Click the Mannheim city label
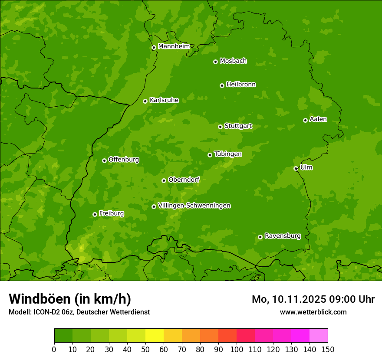coord(174,46)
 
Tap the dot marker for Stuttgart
coord(220,127)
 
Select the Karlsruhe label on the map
coord(164,100)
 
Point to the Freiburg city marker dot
coord(95,214)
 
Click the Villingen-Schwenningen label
coord(194,206)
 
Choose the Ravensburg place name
coord(283,236)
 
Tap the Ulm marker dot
coord(296,168)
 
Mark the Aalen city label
coord(318,119)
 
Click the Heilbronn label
coord(241,85)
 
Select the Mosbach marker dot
coord(215,62)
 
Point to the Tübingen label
coord(228,154)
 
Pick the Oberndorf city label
coord(184,180)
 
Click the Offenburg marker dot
coord(104,160)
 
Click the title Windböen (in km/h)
coord(70,299)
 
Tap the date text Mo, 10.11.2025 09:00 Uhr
coord(313,299)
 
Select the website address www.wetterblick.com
coord(313,312)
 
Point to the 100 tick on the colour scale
coord(237,349)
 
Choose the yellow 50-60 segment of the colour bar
coord(155,336)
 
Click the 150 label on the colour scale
coord(328,349)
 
